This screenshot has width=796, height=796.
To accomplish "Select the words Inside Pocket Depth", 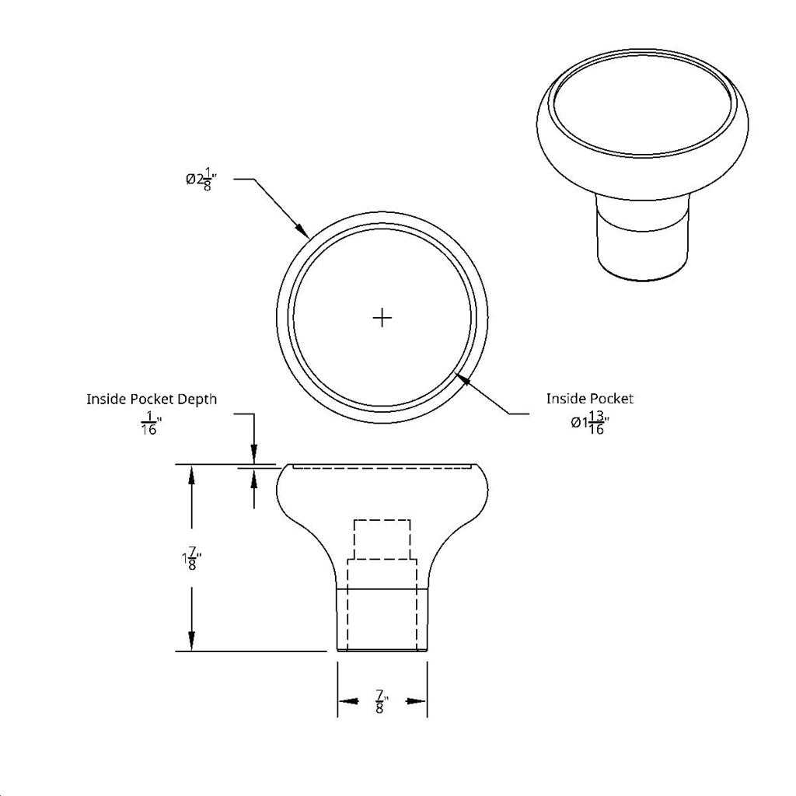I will click(152, 399).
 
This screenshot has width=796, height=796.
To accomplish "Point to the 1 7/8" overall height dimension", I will click(191, 558).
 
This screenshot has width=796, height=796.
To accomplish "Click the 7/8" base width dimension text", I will click(381, 701).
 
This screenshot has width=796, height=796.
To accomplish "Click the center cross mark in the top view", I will click(382, 317).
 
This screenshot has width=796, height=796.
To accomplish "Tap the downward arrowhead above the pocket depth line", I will click(253, 456).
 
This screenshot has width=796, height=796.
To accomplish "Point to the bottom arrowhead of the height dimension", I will click(191, 642).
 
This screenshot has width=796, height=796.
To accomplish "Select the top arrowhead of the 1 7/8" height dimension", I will click(191, 473).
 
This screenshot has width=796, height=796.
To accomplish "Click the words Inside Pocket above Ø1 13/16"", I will click(589, 399).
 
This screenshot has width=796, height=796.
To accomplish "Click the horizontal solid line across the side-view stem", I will click(382, 589).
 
